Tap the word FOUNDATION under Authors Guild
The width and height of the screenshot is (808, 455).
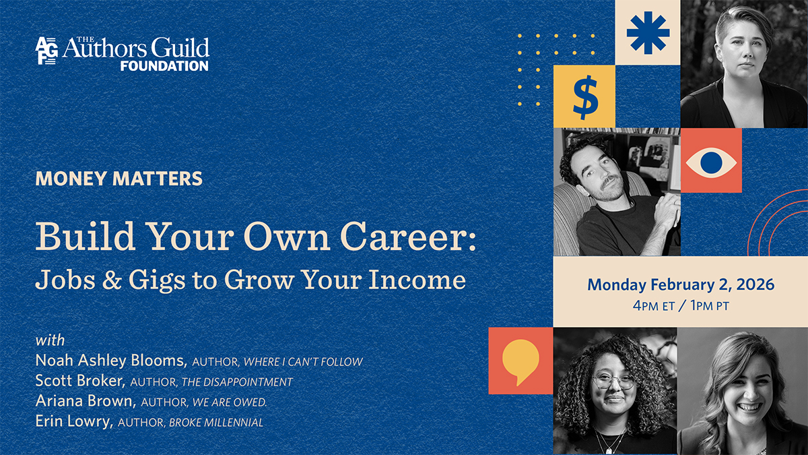(x=164, y=66)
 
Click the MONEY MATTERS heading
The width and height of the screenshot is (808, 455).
(x=119, y=179)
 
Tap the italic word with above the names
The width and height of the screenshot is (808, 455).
(x=50, y=340)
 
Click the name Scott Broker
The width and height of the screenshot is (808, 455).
(x=80, y=382)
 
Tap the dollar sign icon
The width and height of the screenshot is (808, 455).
(x=584, y=96)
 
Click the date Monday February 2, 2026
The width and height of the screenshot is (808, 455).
(x=680, y=284)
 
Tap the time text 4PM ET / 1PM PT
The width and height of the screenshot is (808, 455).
(x=680, y=305)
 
